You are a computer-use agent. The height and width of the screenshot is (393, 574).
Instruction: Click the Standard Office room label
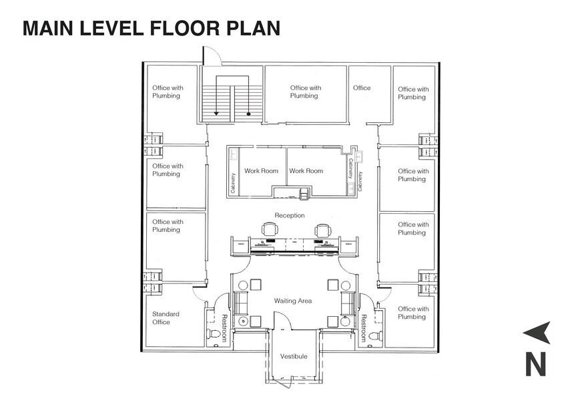(166, 318)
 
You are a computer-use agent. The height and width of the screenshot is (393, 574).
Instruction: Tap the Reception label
(290, 215)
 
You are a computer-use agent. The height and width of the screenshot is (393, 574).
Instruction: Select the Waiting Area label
(293, 301)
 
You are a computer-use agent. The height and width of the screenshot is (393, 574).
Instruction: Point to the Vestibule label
(294, 356)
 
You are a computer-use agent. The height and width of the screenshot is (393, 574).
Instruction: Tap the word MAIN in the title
(48, 28)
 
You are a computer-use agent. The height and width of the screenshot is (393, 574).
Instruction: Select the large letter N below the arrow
(536, 364)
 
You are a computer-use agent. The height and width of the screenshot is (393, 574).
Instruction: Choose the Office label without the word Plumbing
(362, 88)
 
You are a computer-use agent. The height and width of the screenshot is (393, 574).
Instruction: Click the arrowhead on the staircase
(216, 114)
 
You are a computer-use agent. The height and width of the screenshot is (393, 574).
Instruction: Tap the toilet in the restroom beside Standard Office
(215, 334)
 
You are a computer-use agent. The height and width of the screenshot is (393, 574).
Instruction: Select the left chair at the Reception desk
(269, 229)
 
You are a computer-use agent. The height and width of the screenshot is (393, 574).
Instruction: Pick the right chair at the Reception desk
(322, 229)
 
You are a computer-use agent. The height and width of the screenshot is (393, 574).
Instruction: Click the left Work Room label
(261, 171)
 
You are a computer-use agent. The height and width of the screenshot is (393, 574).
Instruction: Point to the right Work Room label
(306, 171)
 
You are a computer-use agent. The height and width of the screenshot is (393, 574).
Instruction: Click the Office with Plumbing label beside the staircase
(305, 92)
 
